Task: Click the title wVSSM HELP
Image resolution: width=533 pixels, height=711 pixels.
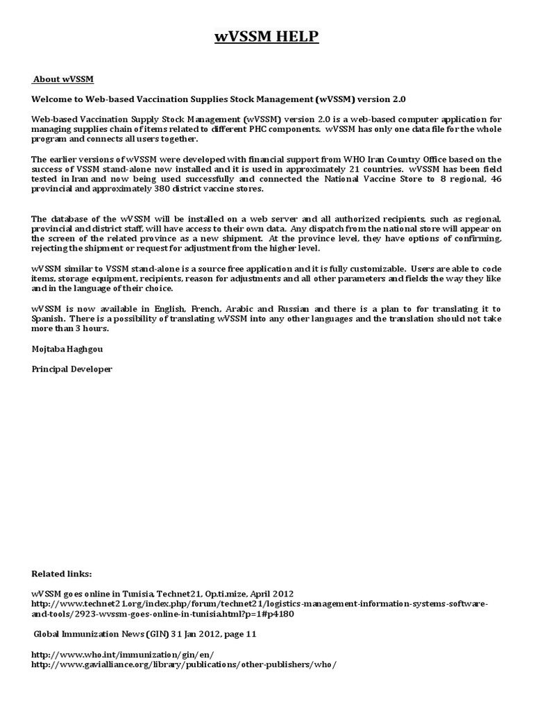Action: click(x=266, y=37)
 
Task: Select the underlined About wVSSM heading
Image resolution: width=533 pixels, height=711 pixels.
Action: click(x=63, y=79)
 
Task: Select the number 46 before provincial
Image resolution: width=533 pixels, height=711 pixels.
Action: click(x=495, y=179)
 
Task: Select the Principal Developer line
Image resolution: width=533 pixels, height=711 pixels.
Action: click(x=71, y=369)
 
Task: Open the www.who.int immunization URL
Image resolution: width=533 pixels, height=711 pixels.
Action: click(x=123, y=655)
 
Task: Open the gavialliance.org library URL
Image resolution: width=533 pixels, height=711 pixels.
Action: click(x=184, y=664)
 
